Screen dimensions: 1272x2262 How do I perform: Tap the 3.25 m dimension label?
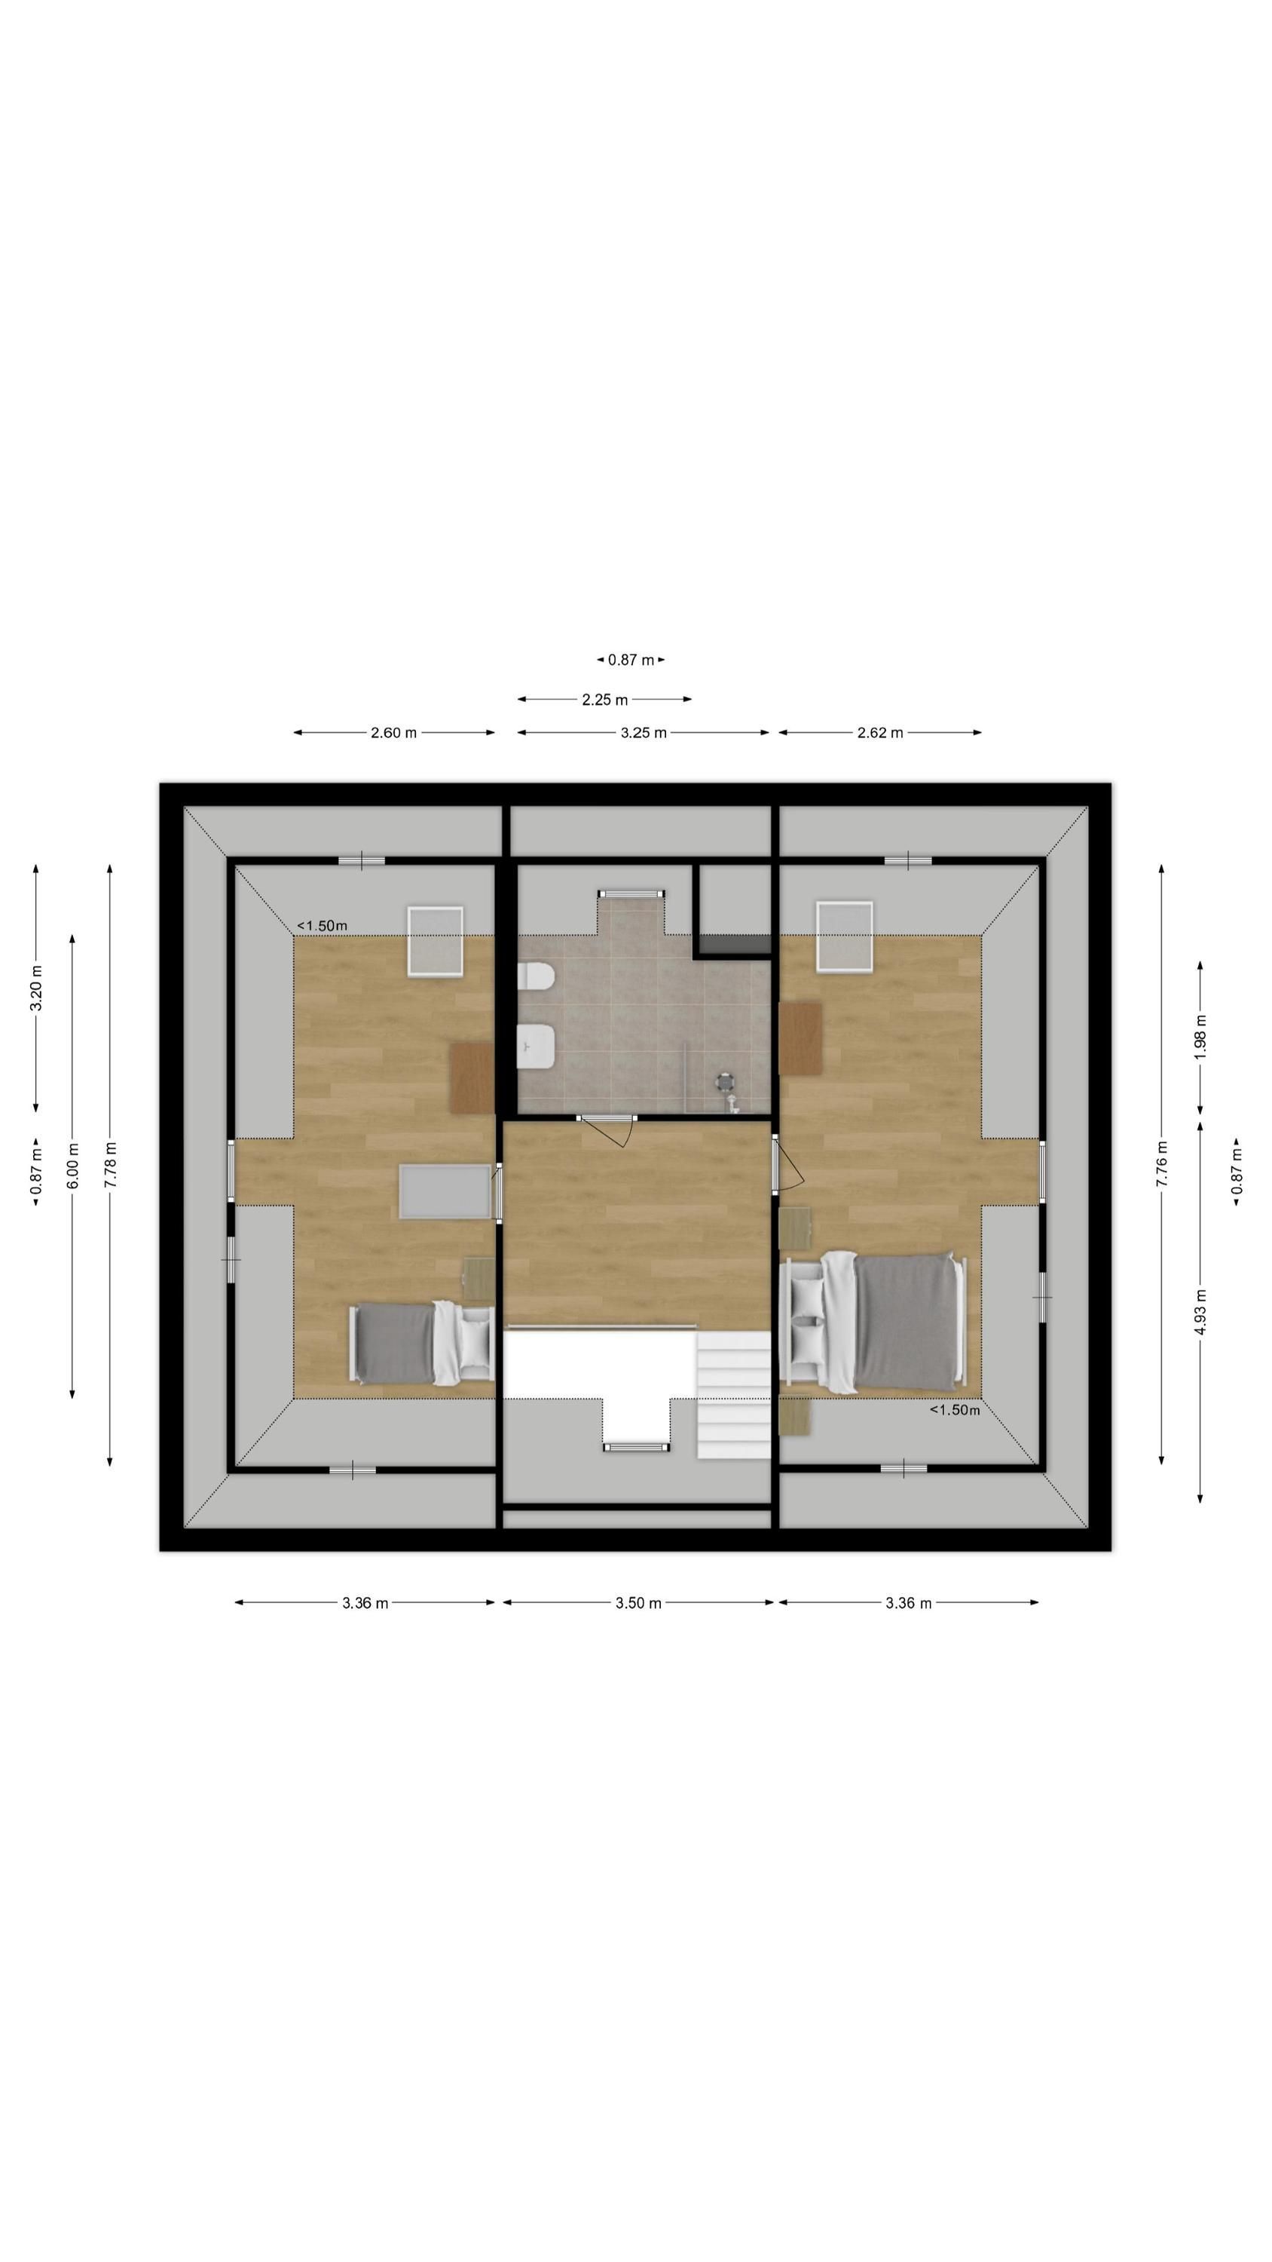click(644, 733)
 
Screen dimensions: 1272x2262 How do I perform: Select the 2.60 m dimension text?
click(393, 733)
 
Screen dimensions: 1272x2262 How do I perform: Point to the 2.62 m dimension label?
click(879, 733)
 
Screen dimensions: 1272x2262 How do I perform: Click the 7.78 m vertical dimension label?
click(110, 1165)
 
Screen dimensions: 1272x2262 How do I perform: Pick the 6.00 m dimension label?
click(73, 1165)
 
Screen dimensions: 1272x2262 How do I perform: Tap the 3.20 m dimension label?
click(36, 988)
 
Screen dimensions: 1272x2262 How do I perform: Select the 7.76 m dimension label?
click(1161, 1164)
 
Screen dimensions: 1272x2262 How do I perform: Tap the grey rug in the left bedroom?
click(445, 1191)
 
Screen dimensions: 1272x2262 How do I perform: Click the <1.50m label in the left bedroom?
click(323, 925)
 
